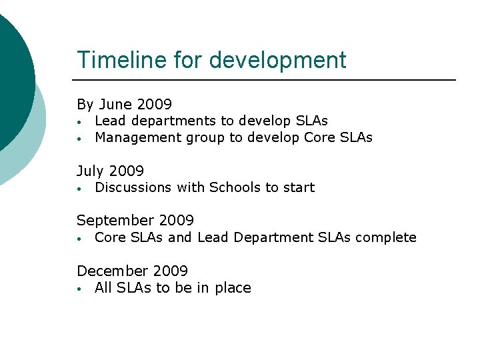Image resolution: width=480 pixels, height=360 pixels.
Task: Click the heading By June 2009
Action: click(124, 105)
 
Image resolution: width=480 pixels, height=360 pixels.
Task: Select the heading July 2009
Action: click(110, 171)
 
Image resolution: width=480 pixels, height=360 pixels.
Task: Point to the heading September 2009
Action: click(135, 221)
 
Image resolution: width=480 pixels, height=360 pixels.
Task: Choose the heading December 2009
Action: click(132, 271)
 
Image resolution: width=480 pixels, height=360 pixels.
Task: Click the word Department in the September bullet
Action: click(271, 238)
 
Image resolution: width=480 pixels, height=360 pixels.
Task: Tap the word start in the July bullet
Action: click(298, 188)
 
